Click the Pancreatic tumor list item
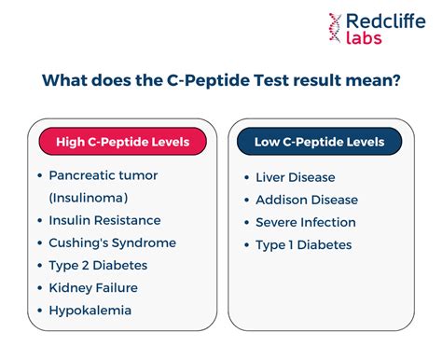point(104,174)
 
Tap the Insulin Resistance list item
point(104,220)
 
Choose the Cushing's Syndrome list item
point(112,242)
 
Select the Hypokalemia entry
point(90,310)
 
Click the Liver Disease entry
point(295,177)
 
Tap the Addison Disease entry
point(306,200)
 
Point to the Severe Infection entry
point(306,222)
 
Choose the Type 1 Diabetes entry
point(303,244)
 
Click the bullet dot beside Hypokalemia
point(40,310)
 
